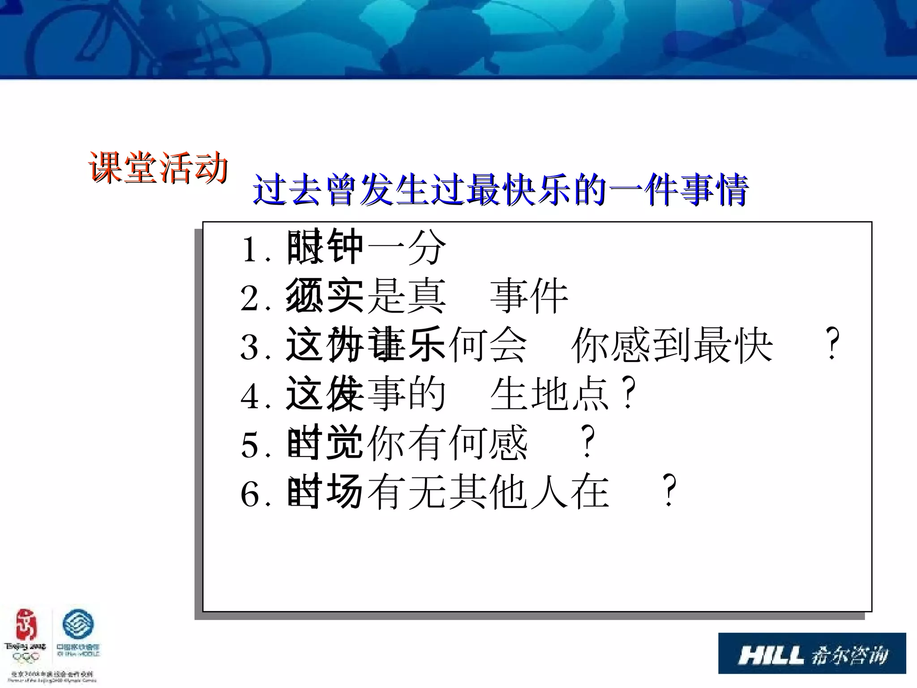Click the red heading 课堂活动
158,167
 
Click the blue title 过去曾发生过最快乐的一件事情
500,190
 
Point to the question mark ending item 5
587,442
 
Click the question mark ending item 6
669,491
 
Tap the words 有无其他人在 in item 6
488,492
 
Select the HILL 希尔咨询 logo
812,653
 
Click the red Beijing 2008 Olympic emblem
26,627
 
